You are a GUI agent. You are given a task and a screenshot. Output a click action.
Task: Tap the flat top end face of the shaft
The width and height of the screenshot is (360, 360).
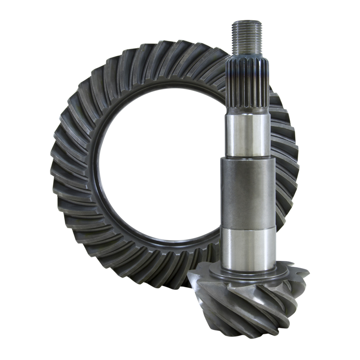[x=246, y=22]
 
